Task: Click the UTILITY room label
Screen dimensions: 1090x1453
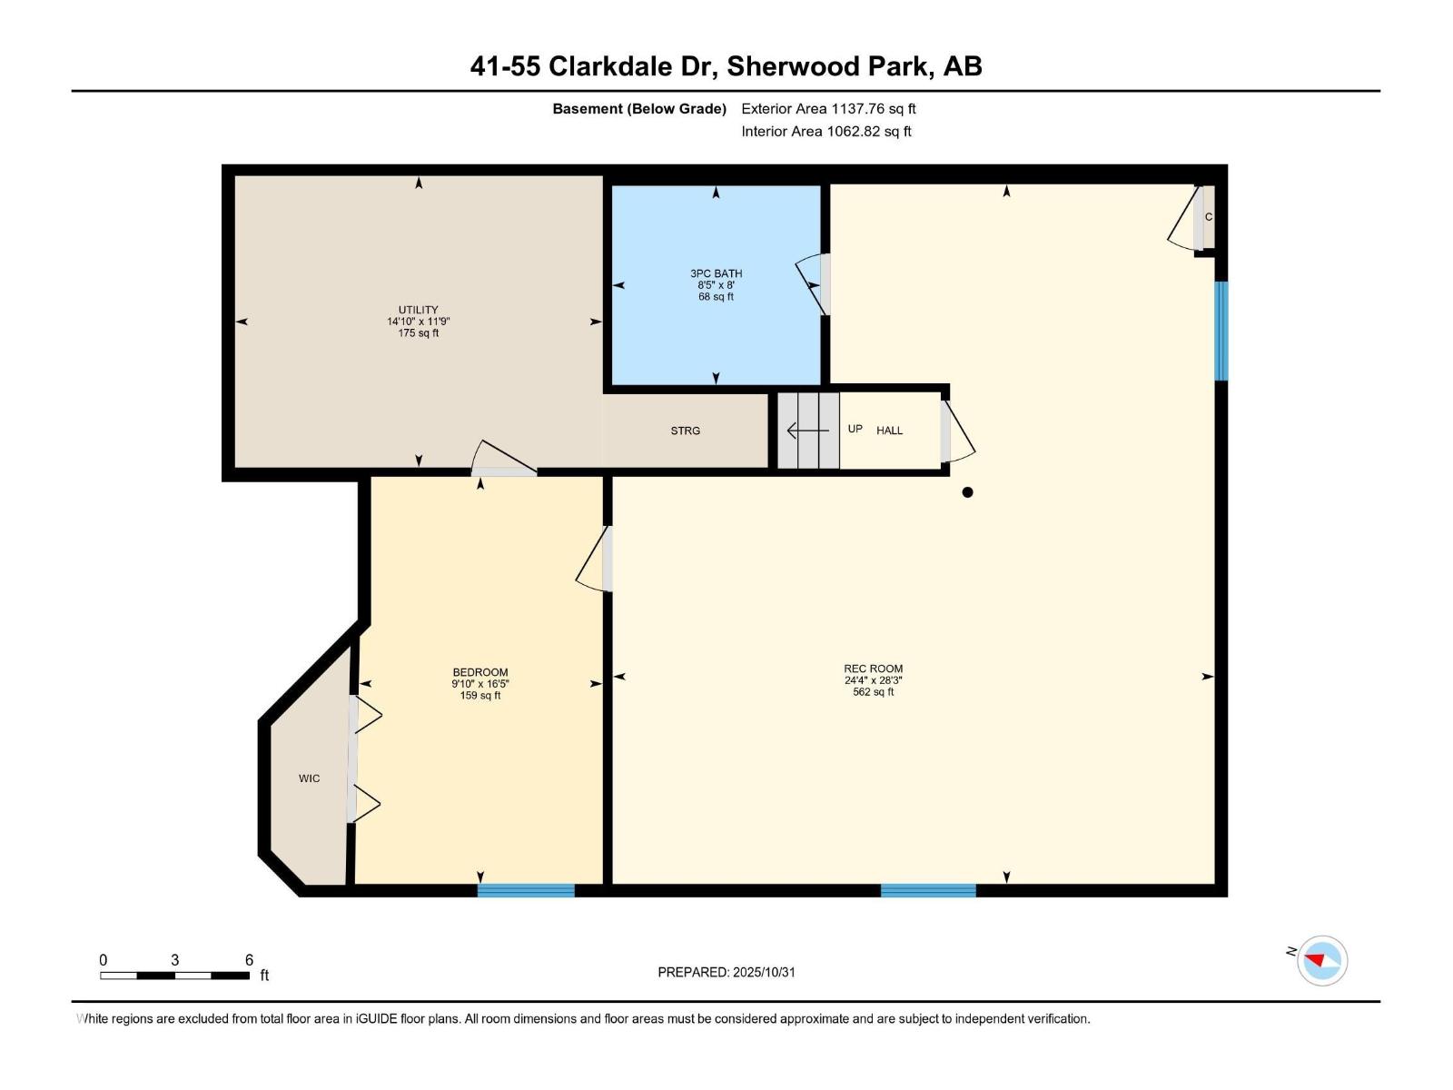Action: pos(418,310)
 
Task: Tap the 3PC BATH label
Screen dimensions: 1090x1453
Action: pos(716,273)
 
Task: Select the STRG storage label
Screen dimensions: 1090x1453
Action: pos(686,431)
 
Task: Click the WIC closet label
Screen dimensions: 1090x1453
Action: pos(309,778)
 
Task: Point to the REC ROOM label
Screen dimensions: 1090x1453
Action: pos(873,669)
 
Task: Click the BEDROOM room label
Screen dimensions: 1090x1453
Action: pos(480,673)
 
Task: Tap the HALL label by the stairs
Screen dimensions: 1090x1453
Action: pos(889,431)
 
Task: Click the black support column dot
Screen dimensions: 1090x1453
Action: pos(967,492)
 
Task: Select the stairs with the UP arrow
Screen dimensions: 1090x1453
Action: pos(807,431)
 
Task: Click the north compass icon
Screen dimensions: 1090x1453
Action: pos(1321,960)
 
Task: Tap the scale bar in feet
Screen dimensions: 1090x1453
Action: pos(174,976)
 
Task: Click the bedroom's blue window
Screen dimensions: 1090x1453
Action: pos(526,890)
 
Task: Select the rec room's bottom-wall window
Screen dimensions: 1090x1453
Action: pos(928,890)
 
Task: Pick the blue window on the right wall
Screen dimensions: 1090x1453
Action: pos(1221,331)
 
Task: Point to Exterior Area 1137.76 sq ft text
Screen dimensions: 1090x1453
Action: pos(828,109)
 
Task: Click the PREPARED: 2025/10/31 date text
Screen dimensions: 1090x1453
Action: pos(726,972)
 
